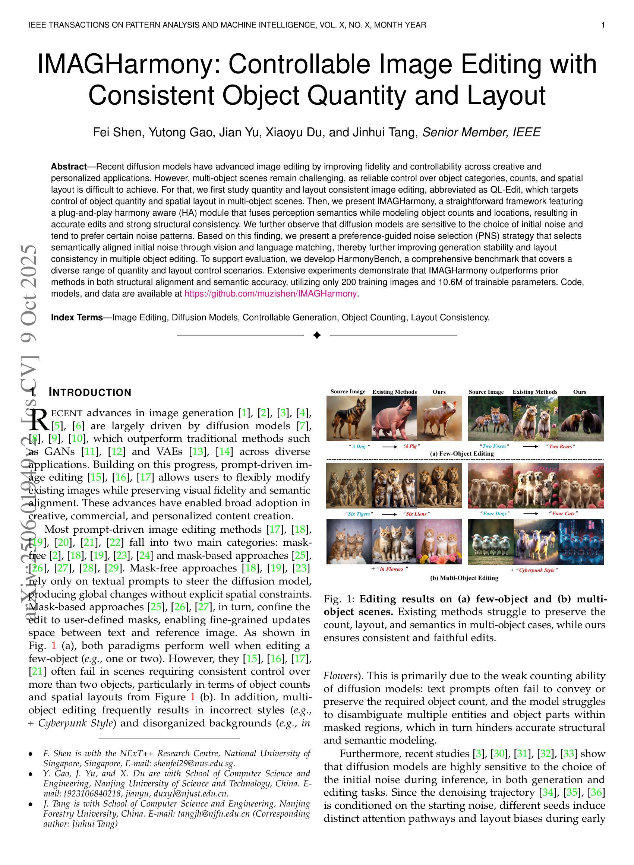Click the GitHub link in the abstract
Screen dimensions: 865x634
(x=271, y=294)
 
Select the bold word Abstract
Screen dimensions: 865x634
(x=69, y=167)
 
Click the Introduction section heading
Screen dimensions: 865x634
(x=90, y=392)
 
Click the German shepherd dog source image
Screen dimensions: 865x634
(x=348, y=418)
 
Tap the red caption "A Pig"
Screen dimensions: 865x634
(x=411, y=446)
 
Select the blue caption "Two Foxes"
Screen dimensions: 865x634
(x=495, y=446)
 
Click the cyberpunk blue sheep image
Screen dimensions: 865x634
(x=581, y=542)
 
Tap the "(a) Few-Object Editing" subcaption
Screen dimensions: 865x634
(x=462, y=453)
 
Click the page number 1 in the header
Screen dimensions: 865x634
(x=603, y=25)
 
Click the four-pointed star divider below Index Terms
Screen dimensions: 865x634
(x=316, y=336)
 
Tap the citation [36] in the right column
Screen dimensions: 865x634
(x=597, y=792)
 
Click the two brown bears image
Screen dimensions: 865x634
(x=581, y=418)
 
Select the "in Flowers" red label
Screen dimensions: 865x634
(x=391, y=569)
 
